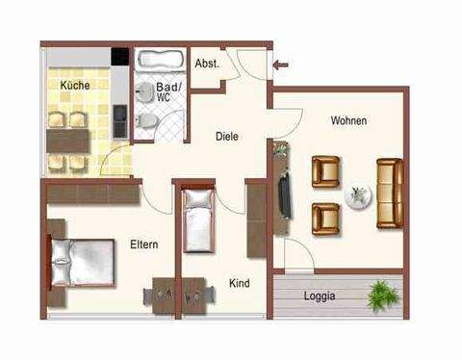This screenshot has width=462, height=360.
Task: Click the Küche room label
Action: point(75,86)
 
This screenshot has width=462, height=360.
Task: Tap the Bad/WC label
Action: point(164,91)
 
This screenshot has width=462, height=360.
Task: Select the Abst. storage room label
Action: point(207,64)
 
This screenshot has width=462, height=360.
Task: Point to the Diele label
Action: point(226,137)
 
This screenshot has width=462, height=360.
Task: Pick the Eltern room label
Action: point(144,244)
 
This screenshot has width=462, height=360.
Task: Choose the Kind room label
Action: point(240,284)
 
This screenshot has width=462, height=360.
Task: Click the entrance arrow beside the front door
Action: point(280,65)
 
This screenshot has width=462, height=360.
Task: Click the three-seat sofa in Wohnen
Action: point(389,193)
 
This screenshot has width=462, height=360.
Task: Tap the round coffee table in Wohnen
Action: point(357,195)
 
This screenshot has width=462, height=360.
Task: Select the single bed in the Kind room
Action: point(198,218)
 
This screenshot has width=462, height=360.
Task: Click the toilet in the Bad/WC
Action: point(145,119)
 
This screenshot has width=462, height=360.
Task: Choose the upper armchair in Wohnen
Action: point(327,171)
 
